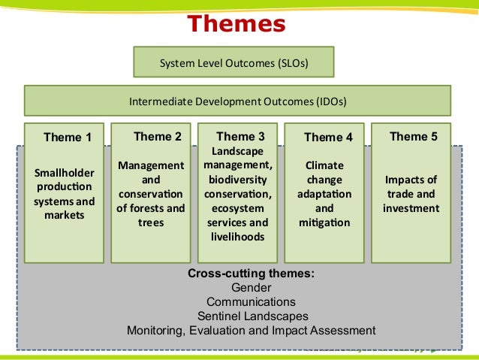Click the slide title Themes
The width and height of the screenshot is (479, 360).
pos(236,24)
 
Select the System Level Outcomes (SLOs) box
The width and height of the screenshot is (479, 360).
pos(233,62)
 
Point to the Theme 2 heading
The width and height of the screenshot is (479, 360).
pos(158,137)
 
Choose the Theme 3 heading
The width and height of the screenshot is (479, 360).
pos(240,137)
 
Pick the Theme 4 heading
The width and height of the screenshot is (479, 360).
pos(328,138)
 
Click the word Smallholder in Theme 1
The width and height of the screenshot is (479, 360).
pos(64,173)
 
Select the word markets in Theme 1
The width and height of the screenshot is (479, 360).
pos(64,216)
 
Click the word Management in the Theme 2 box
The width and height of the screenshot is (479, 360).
pos(151,165)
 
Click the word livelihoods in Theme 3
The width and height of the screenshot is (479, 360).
pos(236,237)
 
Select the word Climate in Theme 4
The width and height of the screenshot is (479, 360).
pos(324,165)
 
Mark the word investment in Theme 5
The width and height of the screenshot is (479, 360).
pos(411,208)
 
